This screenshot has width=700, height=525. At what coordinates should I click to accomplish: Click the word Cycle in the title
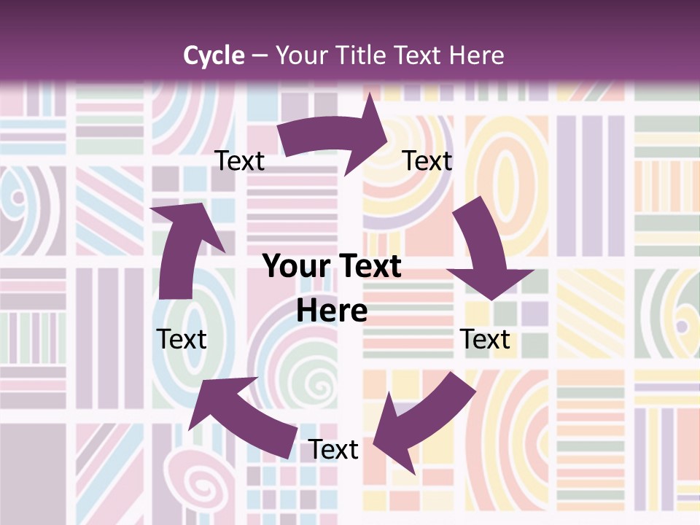[214, 55]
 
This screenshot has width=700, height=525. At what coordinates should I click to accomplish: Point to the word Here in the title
[477, 55]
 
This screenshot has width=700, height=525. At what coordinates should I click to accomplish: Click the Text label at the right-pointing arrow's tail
[240, 161]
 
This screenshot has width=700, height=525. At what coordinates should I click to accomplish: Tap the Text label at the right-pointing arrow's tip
[428, 161]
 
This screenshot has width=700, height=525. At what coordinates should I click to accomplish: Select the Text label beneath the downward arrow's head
[486, 339]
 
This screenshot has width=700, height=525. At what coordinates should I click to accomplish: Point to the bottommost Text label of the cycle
[333, 450]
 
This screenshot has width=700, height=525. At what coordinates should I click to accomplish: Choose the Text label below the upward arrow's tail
[182, 339]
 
